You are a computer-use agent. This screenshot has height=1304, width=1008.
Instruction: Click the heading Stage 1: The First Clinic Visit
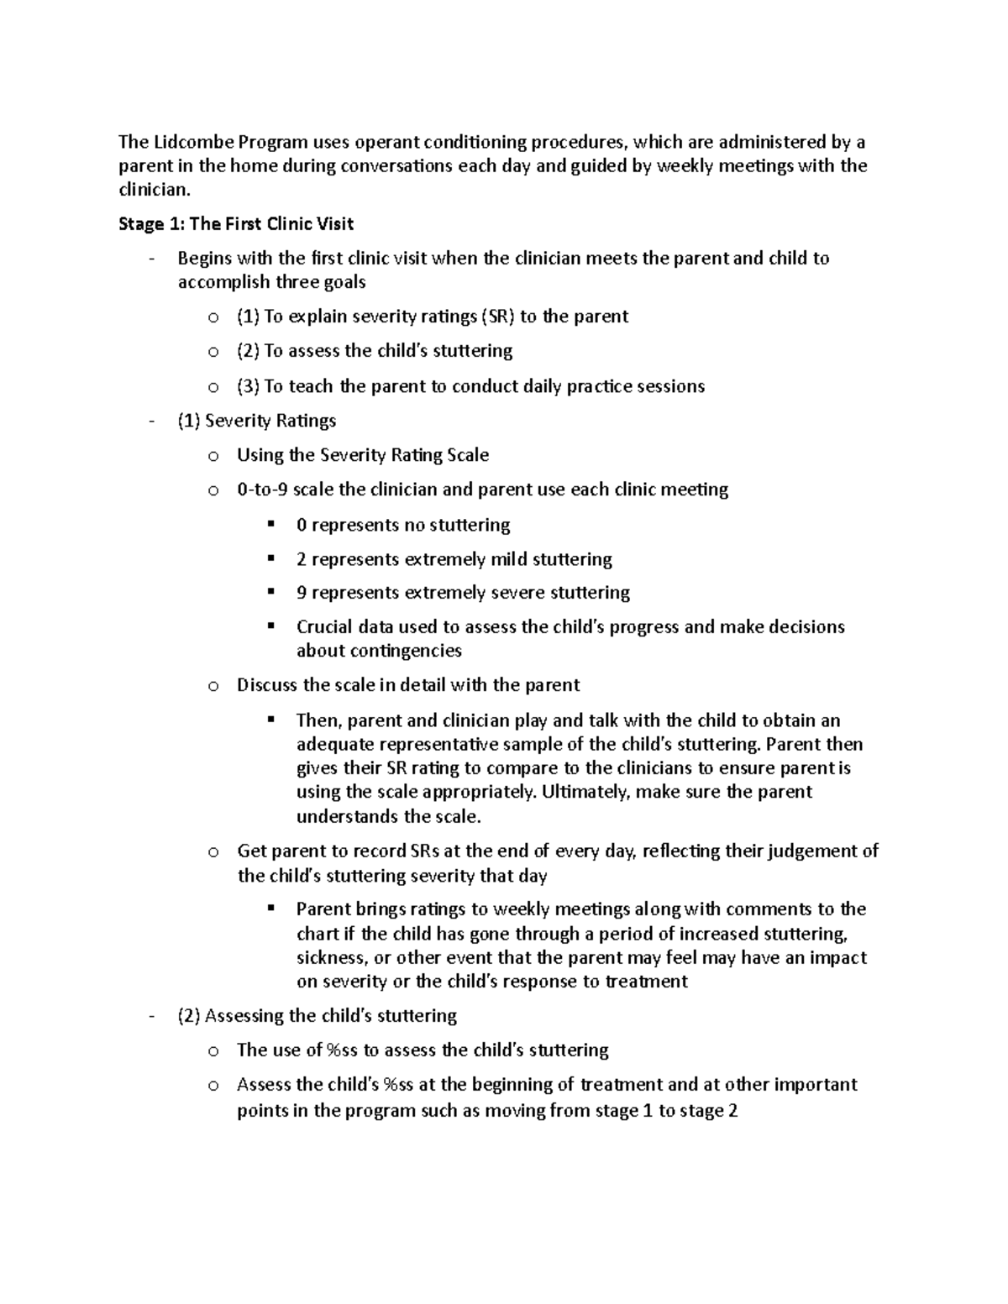point(236,224)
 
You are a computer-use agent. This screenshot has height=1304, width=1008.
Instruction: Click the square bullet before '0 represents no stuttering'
point(270,525)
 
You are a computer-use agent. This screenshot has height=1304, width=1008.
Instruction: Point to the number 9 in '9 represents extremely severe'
point(302,593)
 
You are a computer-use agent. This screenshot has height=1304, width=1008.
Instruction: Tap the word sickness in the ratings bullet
point(331,958)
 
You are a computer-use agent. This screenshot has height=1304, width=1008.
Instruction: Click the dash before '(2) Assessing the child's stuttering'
point(151,1016)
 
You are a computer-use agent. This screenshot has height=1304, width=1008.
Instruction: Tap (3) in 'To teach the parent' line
point(249,386)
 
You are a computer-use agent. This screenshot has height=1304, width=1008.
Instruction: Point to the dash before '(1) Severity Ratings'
point(151,421)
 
